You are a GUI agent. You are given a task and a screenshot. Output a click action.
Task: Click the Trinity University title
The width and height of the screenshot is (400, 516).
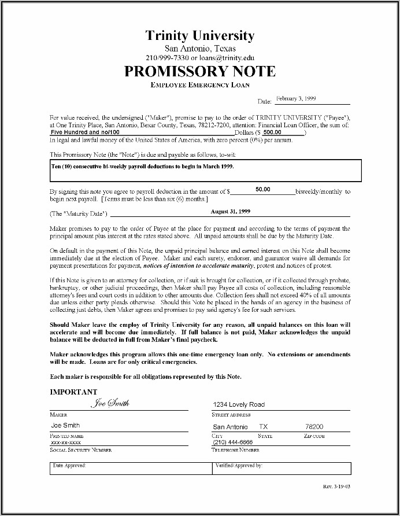(x=200, y=36)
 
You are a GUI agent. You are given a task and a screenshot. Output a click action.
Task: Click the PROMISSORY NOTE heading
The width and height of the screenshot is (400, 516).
(x=200, y=72)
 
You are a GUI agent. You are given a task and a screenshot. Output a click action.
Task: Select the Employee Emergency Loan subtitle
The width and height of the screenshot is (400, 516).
(x=200, y=86)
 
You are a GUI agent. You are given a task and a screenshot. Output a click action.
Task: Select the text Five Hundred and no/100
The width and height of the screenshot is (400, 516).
(x=83, y=131)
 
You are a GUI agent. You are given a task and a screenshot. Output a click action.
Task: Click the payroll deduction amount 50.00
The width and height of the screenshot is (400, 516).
(x=263, y=189)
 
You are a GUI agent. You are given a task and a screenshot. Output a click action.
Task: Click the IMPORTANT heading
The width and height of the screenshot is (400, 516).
(x=73, y=392)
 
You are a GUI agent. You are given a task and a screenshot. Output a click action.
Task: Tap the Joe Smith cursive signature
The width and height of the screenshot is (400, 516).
(x=110, y=403)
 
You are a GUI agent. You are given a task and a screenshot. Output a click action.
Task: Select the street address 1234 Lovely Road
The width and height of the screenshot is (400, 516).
(x=239, y=404)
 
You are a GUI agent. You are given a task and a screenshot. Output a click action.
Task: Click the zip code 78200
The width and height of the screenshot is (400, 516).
(x=314, y=426)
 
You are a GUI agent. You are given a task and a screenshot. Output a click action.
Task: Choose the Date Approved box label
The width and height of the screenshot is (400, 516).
(x=69, y=465)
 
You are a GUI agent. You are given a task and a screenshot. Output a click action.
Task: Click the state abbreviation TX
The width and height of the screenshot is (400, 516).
(x=264, y=426)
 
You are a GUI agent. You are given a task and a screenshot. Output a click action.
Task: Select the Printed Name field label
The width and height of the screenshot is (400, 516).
(x=67, y=436)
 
